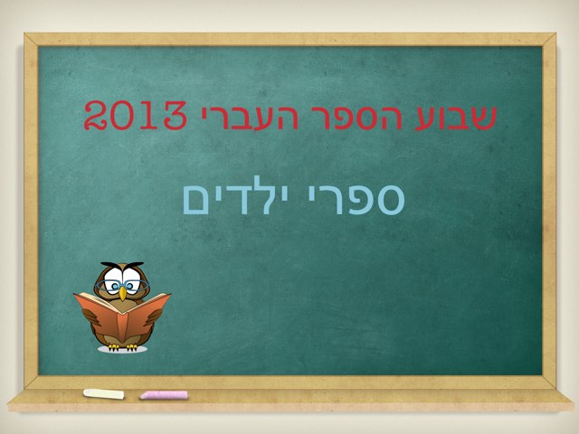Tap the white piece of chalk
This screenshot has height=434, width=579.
click(x=103, y=394)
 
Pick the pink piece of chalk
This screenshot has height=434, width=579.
click(x=164, y=395)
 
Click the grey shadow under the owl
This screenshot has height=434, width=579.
click(x=122, y=351)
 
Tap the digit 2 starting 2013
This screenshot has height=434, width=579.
click(x=98, y=117)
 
